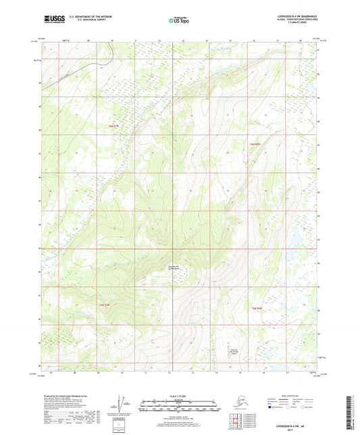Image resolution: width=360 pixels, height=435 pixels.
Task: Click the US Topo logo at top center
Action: coord(179,21)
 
